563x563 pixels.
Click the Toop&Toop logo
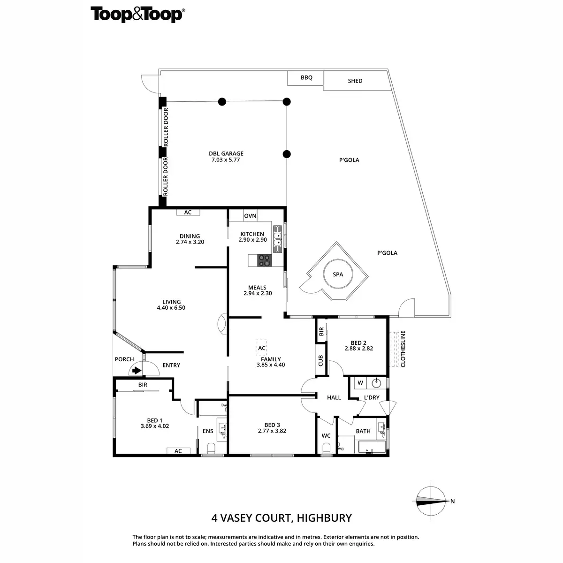(x=137, y=15)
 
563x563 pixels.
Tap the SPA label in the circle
(x=338, y=275)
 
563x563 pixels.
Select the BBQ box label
(x=306, y=78)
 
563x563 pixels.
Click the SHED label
(x=355, y=81)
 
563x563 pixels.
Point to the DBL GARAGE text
(x=226, y=153)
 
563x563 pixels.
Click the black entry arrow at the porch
(x=137, y=370)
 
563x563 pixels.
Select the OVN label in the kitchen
(x=250, y=216)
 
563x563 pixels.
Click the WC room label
(x=326, y=436)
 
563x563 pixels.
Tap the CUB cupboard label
(x=321, y=360)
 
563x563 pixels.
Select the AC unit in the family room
(x=262, y=348)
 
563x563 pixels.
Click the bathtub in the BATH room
(x=372, y=446)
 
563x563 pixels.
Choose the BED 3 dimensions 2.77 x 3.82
(x=272, y=431)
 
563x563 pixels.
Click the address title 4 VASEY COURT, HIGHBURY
(x=281, y=518)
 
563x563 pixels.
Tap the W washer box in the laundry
(x=360, y=383)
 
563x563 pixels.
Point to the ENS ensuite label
(x=208, y=431)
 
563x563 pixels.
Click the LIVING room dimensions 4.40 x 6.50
(x=171, y=308)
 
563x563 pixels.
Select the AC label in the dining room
(x=188, y=213)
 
